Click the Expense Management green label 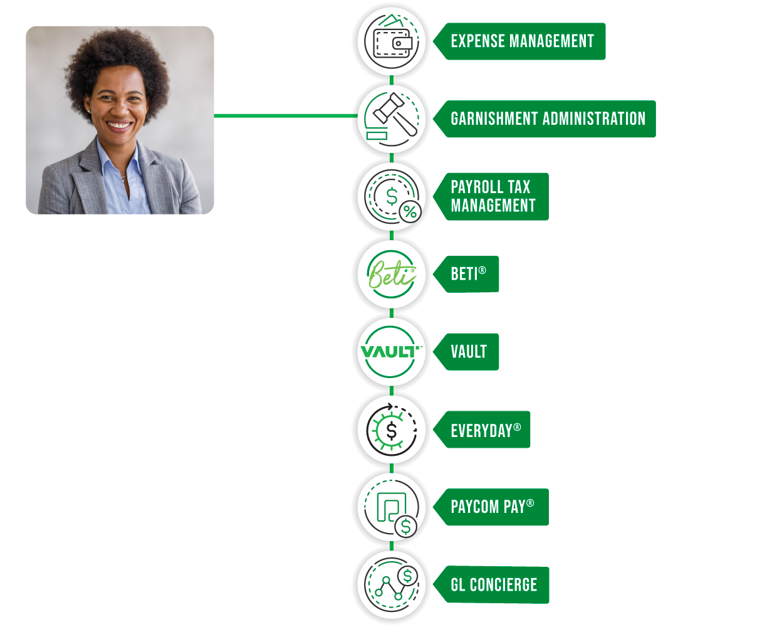[519, 41]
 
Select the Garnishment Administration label [545, 119]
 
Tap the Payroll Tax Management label [491, 196]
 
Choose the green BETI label [466, 274]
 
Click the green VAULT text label [466, 352]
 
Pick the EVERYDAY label [482, 429]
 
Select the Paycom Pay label [491, 507]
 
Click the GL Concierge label [491, 585]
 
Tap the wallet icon [392, 41]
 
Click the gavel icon [394, 115]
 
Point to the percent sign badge [410, 212]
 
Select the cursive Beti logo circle [392, 274]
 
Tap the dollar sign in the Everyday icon [392, 431]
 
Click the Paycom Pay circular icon [392, 508]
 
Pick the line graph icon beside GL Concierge [392, 585]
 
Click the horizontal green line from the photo [286, 116]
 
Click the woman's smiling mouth [118, 125]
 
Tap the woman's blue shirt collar [117, 160]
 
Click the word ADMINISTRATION [594, 119]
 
